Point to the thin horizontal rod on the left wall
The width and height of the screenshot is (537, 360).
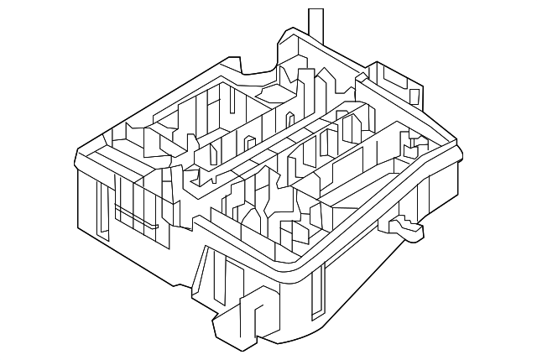137,217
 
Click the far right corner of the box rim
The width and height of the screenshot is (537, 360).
460,150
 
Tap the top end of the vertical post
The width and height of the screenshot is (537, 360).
315,11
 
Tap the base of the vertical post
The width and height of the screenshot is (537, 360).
315,39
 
